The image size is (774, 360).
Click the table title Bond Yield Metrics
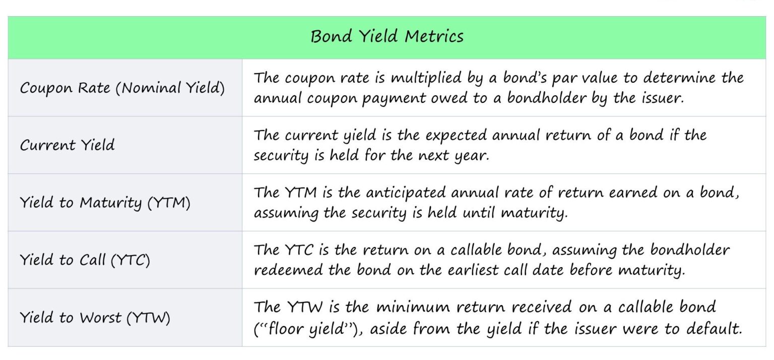pyautogui.click(x=386, y=37)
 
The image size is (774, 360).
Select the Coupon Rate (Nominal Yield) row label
pyautogui.click(x=122, y=88)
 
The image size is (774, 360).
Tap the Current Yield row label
pyautogui.click(x=68, y=145)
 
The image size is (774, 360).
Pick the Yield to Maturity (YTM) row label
pyautogui.click(x=105, y=203)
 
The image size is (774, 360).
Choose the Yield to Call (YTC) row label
pyautogui.click(x=85, y=260)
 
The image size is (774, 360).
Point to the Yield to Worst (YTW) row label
pyautogui.click(x=95, y=318)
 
